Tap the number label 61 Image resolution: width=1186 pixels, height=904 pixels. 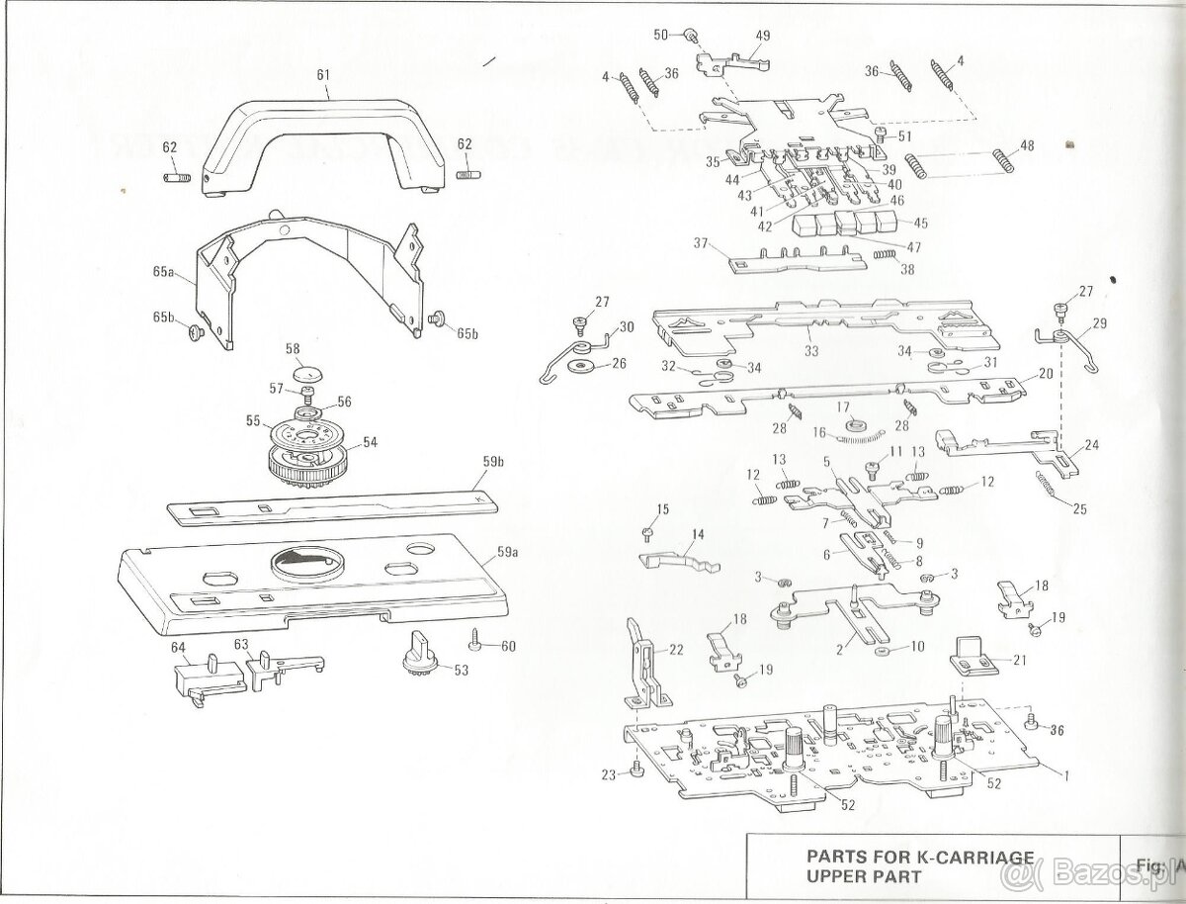click(x=323, y=73)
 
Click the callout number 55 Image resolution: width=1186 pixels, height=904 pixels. click(x=253, y=421)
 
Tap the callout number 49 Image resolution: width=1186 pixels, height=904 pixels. click(x=762, y=36)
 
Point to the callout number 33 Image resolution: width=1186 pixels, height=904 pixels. click(x=810, y=349)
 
